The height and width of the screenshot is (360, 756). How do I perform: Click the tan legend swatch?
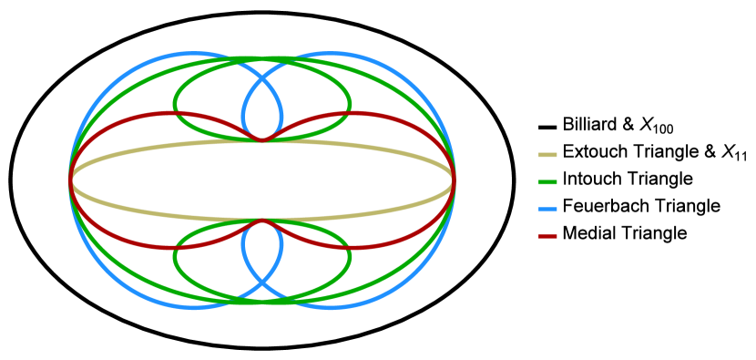(547, 155)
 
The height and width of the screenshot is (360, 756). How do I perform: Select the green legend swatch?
(547, 182)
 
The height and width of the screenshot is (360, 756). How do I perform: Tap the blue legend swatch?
(547, 210)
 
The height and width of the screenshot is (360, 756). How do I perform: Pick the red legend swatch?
(547, 236)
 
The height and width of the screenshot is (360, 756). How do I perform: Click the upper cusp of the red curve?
(262, 140)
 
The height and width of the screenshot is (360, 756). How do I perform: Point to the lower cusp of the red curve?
(262, 221)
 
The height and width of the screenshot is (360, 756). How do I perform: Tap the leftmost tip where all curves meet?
(71, 180)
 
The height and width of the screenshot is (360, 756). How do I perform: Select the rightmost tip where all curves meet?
(454, 180)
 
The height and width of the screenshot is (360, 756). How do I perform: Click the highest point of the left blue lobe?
(191, 54)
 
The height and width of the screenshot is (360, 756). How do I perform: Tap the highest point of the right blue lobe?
(333, 54)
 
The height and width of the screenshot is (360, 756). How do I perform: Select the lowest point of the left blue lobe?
(191, 308)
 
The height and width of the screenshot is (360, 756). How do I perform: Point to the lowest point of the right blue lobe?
(333, 308)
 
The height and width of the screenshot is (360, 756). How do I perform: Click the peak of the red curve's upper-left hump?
(169, 114)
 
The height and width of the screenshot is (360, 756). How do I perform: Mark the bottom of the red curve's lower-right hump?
(355, 247)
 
